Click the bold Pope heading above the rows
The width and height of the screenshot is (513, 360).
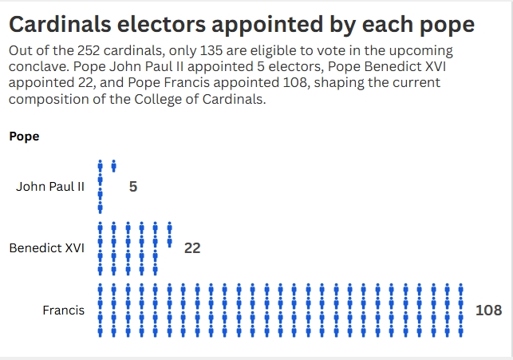point(24,136)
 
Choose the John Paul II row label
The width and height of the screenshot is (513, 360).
point(49,187)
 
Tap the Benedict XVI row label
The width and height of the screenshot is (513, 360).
point(46,248)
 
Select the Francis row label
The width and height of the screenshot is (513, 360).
point(63,310)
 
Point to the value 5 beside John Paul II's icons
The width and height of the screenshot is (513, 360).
point(133,187)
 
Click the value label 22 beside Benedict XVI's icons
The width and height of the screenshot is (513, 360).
point(191,248)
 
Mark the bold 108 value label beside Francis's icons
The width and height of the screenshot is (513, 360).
point(488,310)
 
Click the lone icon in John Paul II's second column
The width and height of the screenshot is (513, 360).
point(114,166)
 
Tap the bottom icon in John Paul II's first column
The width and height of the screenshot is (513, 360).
point(101,208)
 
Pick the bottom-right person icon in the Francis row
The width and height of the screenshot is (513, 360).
point(460,328)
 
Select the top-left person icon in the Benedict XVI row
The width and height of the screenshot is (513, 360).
point(101,227)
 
